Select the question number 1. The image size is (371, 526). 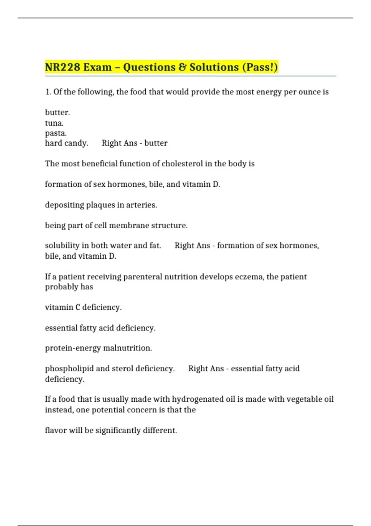(48, 92)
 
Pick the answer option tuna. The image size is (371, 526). (54, 123)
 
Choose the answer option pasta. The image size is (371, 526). (56, 133)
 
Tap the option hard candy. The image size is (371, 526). (66, 143)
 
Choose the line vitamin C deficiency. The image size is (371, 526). (83, 307)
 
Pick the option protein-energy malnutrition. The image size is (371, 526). (98, 348)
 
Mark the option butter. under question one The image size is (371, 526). (58, 112)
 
